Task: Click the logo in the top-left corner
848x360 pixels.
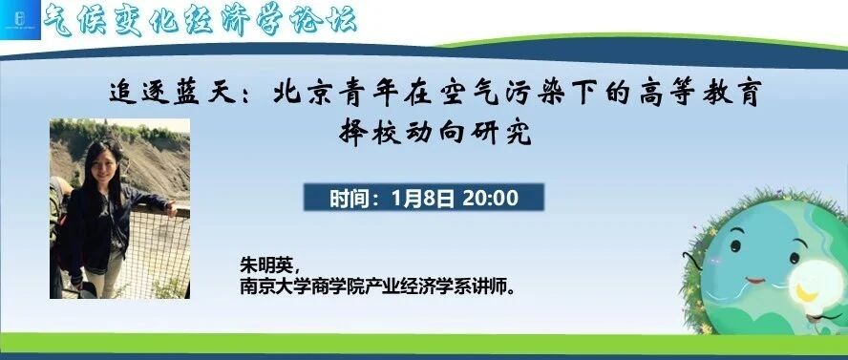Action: click(20, 20)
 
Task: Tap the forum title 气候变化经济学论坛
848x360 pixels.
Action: click(201, 21)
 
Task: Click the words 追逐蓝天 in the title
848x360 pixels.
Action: click(173, 94)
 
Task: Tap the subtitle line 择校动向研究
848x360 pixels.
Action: click(435, 132)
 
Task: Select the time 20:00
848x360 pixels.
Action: click(491, 199)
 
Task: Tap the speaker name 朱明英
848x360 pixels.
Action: click(267, 266)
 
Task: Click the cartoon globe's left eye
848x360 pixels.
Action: click(735, 246)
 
